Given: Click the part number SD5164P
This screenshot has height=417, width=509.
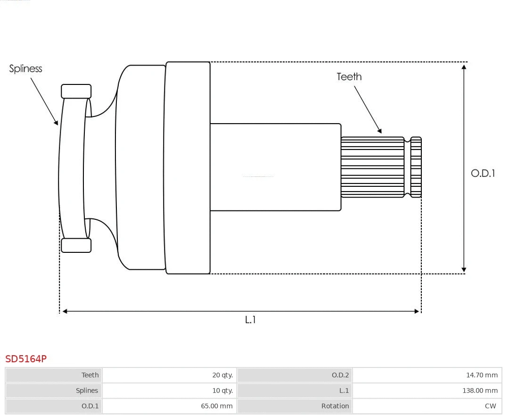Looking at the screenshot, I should [26, 359].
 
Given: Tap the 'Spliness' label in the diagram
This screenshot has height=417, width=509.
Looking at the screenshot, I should [25, 69].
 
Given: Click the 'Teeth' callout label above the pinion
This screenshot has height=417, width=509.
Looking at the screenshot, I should [349, 77].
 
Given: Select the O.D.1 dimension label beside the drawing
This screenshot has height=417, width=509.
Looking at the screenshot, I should [483, 173].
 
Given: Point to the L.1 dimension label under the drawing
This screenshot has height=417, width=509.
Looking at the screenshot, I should [250, 320].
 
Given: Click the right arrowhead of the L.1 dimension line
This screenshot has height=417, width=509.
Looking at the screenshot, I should [417, 311].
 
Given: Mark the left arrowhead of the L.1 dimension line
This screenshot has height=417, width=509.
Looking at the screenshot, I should [65, 311].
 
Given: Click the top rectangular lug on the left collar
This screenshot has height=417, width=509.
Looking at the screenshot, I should [76, 91].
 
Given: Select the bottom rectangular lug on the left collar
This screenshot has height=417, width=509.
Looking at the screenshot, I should [76, 245].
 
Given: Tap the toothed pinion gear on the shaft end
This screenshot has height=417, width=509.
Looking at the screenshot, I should [372, 167].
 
